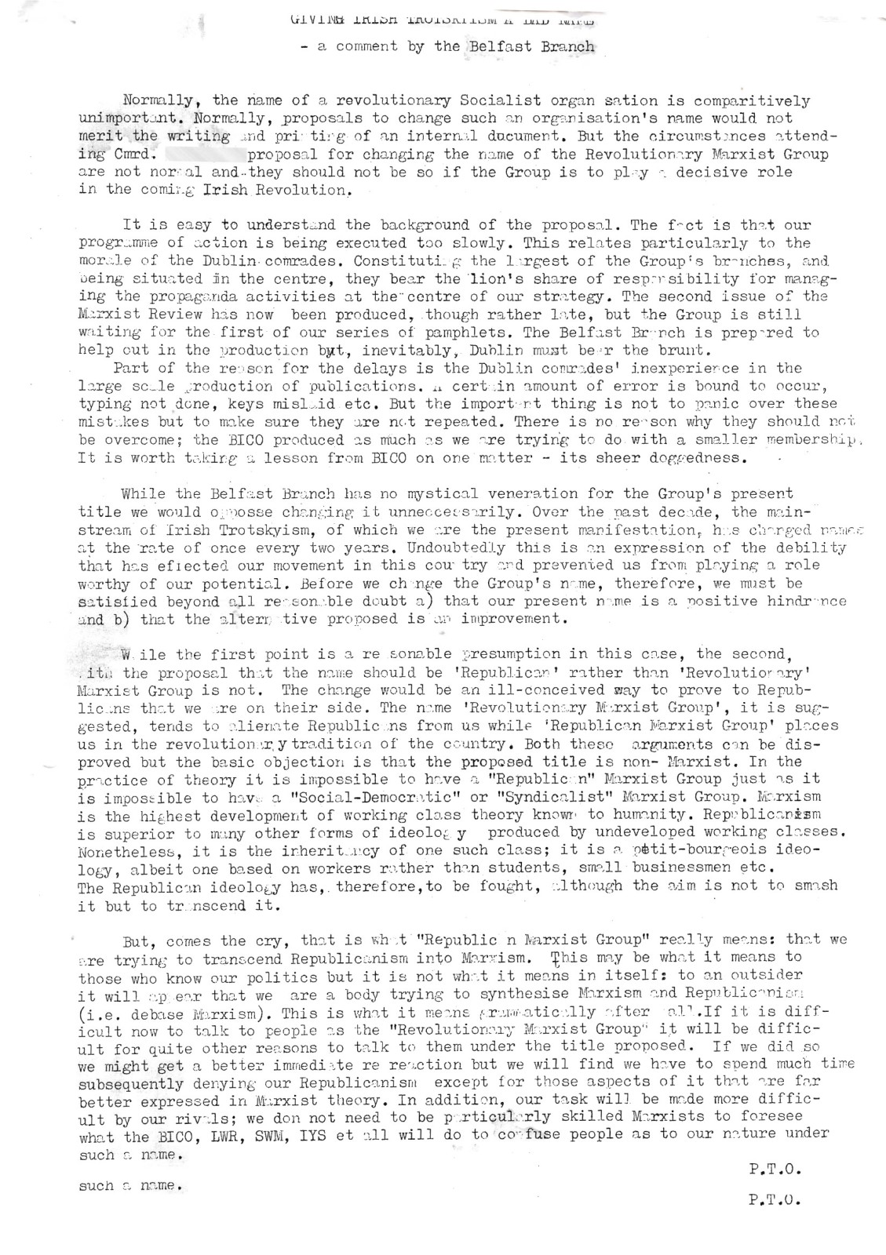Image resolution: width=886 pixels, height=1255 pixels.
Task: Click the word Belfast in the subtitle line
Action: tap(499, 45)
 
